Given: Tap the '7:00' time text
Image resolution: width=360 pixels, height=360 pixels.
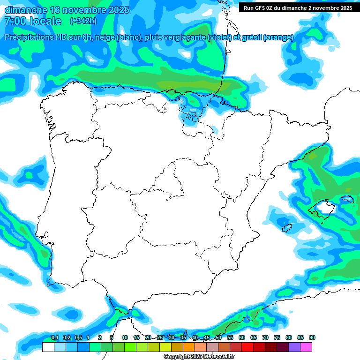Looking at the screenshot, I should (15, 21).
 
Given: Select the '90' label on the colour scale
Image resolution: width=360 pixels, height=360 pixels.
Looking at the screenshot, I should (312, 337).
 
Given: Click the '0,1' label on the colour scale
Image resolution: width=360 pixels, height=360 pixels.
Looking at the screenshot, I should (55, 337).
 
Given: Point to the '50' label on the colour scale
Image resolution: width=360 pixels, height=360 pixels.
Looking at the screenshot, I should (218, 337).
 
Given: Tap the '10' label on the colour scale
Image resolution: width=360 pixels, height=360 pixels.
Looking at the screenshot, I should (125, 337).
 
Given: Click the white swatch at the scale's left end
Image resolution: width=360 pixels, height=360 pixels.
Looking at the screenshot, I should (48, 347).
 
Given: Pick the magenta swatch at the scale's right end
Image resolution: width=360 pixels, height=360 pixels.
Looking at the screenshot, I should (306, 347).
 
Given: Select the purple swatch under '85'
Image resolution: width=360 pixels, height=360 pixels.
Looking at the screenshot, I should (294, 347).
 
